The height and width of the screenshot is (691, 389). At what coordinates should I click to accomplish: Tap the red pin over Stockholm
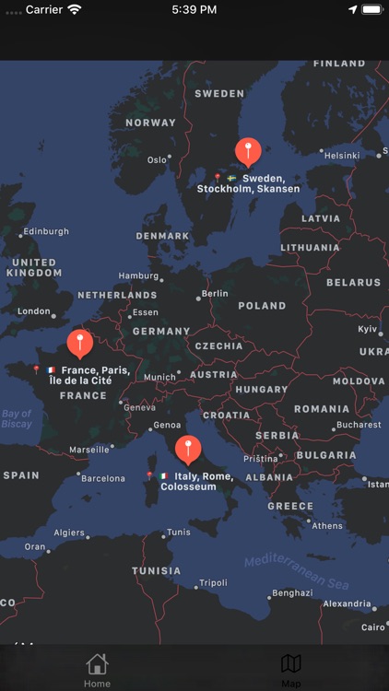(247, 150)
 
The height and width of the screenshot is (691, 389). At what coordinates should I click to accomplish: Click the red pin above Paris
(80, 343)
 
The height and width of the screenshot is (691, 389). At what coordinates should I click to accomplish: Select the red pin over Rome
(188, 449)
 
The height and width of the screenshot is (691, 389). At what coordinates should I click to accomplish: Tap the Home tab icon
(97, 665)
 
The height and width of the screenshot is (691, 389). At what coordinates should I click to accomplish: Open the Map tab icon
(291, 665)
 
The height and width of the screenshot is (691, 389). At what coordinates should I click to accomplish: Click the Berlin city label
(214, 294)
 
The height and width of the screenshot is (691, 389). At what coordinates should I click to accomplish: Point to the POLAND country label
(262, 306)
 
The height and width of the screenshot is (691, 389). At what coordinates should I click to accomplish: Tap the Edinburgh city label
(46, 231)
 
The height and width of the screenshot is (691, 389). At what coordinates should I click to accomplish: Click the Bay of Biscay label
(17, 419)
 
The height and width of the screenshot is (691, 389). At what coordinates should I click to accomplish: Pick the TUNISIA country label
(156, 571)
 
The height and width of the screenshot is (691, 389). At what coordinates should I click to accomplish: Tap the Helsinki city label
(342, 156)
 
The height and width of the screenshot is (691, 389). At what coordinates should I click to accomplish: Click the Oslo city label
(157, 159)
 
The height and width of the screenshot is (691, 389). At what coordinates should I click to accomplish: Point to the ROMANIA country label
(322, 409)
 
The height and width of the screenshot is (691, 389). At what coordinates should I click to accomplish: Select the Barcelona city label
(102, 478)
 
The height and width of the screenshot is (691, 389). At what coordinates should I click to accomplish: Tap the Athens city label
(326, 526)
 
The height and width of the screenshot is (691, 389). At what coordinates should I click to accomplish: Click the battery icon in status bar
(371, 9)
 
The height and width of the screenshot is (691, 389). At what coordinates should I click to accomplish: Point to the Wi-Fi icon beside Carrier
(75, 9)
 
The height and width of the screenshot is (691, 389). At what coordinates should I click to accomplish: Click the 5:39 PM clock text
(194, 9)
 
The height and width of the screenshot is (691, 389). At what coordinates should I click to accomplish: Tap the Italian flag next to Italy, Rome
(163, 476)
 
